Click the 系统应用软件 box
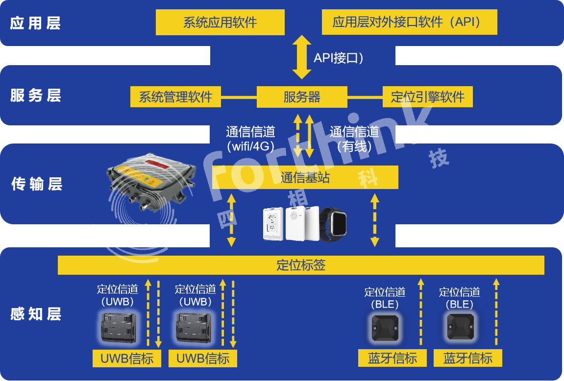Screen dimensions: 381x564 click(220, 23)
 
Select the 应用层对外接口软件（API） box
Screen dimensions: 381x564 click(409, 23)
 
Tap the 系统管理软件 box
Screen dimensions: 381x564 click(175, 96)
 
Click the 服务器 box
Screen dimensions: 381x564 click(302, 96)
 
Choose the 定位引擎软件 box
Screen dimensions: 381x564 click(427, 96)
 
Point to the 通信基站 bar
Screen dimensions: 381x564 click(305, 177)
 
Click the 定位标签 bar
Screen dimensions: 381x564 click(301, 265)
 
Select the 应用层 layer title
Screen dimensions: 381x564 click(35, 23)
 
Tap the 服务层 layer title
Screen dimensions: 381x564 click(35, 95)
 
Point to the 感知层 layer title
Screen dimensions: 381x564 click(35, 314)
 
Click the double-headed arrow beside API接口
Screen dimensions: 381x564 click(302, 57)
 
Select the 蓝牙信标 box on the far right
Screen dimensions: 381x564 click(468, 358)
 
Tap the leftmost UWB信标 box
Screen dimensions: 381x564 click(127, 358)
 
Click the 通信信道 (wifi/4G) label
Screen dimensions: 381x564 click(250, 139)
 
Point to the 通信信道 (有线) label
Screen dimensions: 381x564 click(354, 139)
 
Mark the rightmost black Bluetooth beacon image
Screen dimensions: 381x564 click(460, 327)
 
